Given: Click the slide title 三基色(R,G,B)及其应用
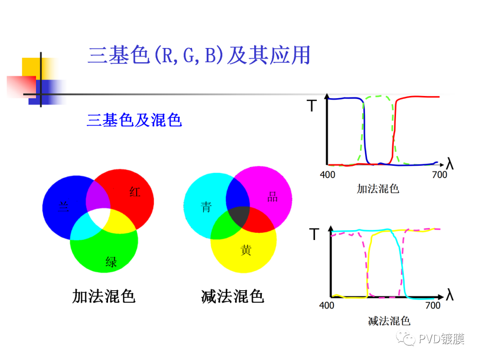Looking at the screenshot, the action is (x=199, y=56).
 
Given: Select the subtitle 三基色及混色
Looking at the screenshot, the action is (x=134, y=120).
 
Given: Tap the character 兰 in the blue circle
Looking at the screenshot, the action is (x=64, y=206).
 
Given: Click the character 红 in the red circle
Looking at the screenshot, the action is (x=135, y=192).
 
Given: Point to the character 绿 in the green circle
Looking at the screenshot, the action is (x=111, y=262).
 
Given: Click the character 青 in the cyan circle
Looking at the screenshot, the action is (x=206, y=207).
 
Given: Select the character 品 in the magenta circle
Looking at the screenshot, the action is (x=272, y=198).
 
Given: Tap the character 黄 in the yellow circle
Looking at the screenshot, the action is (x=246, y=250).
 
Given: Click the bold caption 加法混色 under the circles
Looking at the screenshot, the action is (x=104, y=296).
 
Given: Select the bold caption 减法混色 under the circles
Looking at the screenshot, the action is (x=232, y=296).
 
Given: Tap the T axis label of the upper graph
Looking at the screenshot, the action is (x=312, y=106).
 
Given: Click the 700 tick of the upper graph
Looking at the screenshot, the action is (x=439, y=175).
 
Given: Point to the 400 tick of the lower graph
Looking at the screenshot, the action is (x=327, y=306).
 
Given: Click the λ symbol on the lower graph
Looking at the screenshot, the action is (x=450, y=295).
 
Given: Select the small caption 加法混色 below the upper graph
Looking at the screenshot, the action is (x=378, y=188).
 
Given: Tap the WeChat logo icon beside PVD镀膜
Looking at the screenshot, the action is (x=407, y=339).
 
